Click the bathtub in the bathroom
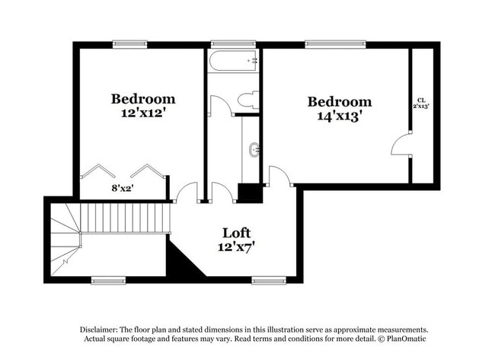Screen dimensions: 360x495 coord(233,60)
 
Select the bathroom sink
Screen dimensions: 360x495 coord(253,150)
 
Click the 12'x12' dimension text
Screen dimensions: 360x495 coord(142,113)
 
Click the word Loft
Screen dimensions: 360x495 coord(236,232)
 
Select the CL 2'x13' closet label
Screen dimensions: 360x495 coord(421,103)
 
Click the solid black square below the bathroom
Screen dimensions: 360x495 coord(249,193)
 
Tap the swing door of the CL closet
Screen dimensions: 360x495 coord(401,144)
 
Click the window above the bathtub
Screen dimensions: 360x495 coord(226,43)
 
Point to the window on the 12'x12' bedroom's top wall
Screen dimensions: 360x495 coord(130,43)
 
